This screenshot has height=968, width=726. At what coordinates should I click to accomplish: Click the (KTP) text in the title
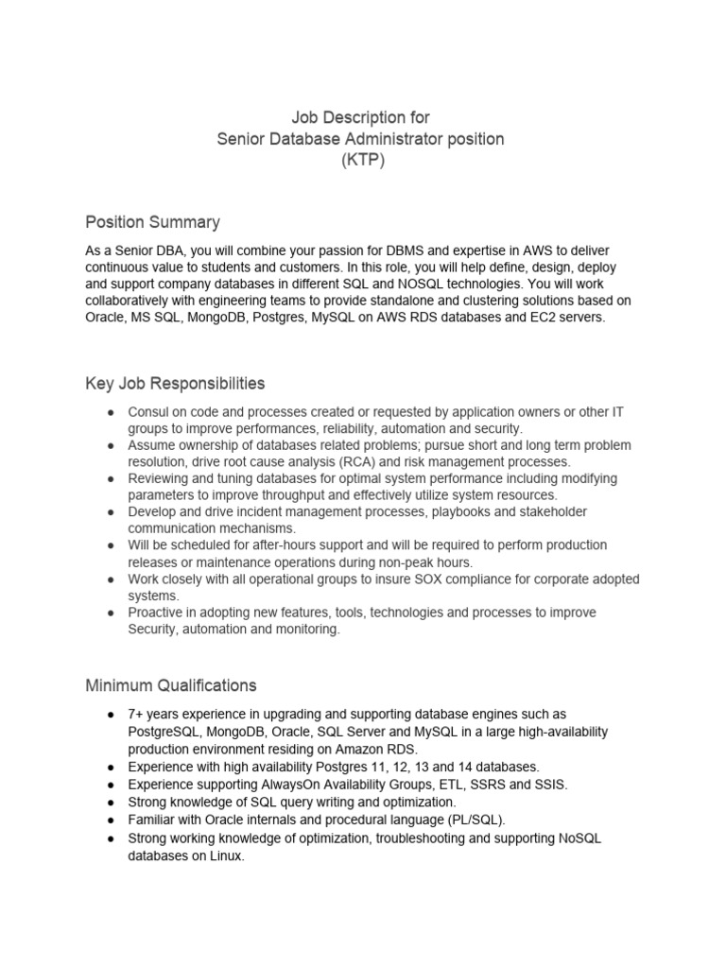pyautogui.click(x=362, y=161)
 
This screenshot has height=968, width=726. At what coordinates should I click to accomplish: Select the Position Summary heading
pyautogui.click(x=152, y=222)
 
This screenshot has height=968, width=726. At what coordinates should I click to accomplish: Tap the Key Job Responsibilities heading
pyautogui.click(x=175, y=384)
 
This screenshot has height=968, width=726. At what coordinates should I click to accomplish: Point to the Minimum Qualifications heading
pyautogui.click(x=170, y=684)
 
